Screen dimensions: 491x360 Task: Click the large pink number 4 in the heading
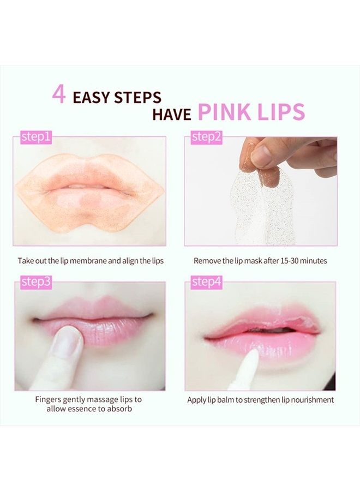[x=59, y=94]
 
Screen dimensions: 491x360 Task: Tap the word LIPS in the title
[x=279, y=112]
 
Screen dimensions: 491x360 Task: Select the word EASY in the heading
[x=91, y=98]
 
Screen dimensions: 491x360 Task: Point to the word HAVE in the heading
[x=172, y=115]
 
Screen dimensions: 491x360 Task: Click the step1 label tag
[x=36, y=137]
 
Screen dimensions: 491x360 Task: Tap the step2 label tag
[x=207, y=137]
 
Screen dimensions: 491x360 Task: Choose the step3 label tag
[x=36, y=282]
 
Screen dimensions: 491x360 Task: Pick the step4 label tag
[x=207, y=282]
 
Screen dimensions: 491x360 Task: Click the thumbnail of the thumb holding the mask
[x=261, y=157]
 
